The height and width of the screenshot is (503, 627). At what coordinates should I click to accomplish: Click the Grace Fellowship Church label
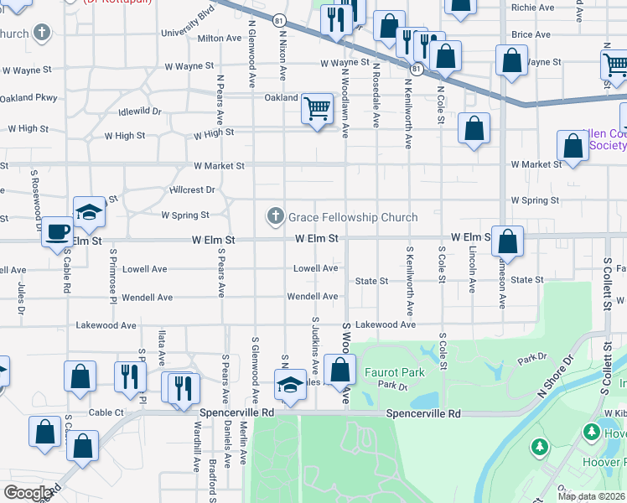[353, 217]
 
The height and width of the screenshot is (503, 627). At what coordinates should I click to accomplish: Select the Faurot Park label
[394, 373]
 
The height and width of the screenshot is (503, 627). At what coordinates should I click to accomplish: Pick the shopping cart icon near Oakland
[316, 108]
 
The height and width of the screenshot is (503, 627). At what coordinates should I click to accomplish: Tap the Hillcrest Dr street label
[192, 190]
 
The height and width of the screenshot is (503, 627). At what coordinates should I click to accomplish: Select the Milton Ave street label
[220, 39]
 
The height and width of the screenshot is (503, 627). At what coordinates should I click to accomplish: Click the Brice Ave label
[531, 34]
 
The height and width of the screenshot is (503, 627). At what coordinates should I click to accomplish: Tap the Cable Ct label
[106, 412]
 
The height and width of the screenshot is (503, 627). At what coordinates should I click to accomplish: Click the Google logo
[28, 492]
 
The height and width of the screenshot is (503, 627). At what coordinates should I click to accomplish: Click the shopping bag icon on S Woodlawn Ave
[339, 369]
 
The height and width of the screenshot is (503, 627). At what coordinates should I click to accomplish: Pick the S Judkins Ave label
[315, 345]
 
